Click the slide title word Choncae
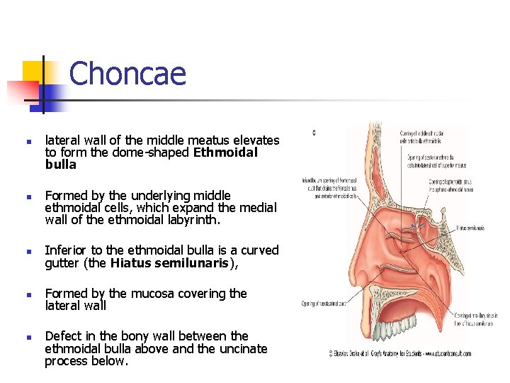click(x=127, y=74)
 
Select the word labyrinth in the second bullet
click(x=192, y=220)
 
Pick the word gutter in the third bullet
click(x=64, y=263)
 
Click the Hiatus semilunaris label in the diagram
click(x=470, y=228)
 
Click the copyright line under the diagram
click(x=401, y=353)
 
